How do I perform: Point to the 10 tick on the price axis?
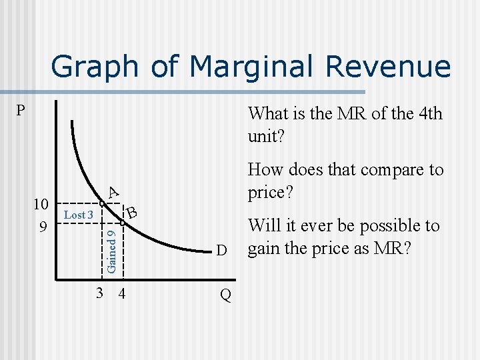[x=41, y=203]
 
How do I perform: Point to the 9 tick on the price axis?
[x=42, y=227]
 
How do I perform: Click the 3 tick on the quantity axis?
[x=99, y=293]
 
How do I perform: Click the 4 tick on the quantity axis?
[x=121, y=293]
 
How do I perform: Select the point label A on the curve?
[x=113, y=191]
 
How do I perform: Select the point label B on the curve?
[x=133, y=213]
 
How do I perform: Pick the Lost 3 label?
[x=78, y=215]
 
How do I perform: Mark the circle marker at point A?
[x=101, y=203]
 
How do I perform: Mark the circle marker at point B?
[x=123, y=223]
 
